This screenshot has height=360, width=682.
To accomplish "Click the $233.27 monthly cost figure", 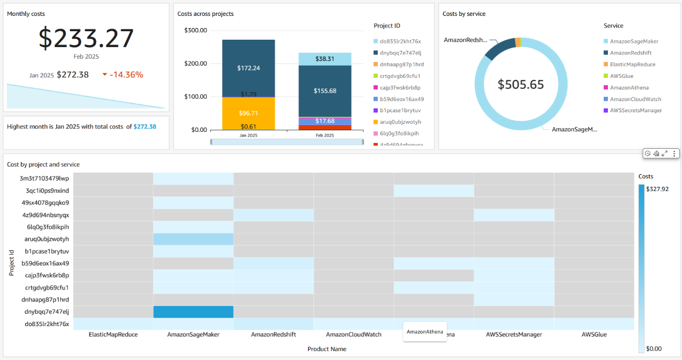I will coord(86,38).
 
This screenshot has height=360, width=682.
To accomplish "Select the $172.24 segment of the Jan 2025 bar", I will coord(248,68).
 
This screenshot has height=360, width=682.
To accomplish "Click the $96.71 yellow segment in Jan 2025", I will coord(248,113).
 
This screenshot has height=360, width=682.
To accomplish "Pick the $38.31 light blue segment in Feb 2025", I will coord(325,59).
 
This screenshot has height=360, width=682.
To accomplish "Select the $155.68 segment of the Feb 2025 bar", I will coord(325,91).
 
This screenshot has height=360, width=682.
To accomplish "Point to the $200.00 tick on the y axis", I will coord(195,64).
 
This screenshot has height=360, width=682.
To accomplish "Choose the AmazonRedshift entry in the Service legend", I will coord(630,53).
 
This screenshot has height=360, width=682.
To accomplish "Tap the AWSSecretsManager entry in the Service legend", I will coord(635,111).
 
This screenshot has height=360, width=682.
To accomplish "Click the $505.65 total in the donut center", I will coord(521,84).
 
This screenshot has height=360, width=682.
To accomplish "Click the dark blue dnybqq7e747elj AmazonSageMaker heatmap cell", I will coord(193,312).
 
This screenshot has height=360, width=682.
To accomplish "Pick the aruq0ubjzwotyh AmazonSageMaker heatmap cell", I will coord(193,239).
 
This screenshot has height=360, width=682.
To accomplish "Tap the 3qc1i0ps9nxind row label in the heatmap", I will coord(47,191).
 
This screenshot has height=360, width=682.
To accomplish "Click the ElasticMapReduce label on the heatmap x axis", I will coord(113,335).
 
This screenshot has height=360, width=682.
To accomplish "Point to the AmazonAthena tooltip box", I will coord(425,332).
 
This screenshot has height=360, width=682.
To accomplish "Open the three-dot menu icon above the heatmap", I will coord(674,154).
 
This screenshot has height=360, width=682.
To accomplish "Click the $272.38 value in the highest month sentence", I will coord(144,127).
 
